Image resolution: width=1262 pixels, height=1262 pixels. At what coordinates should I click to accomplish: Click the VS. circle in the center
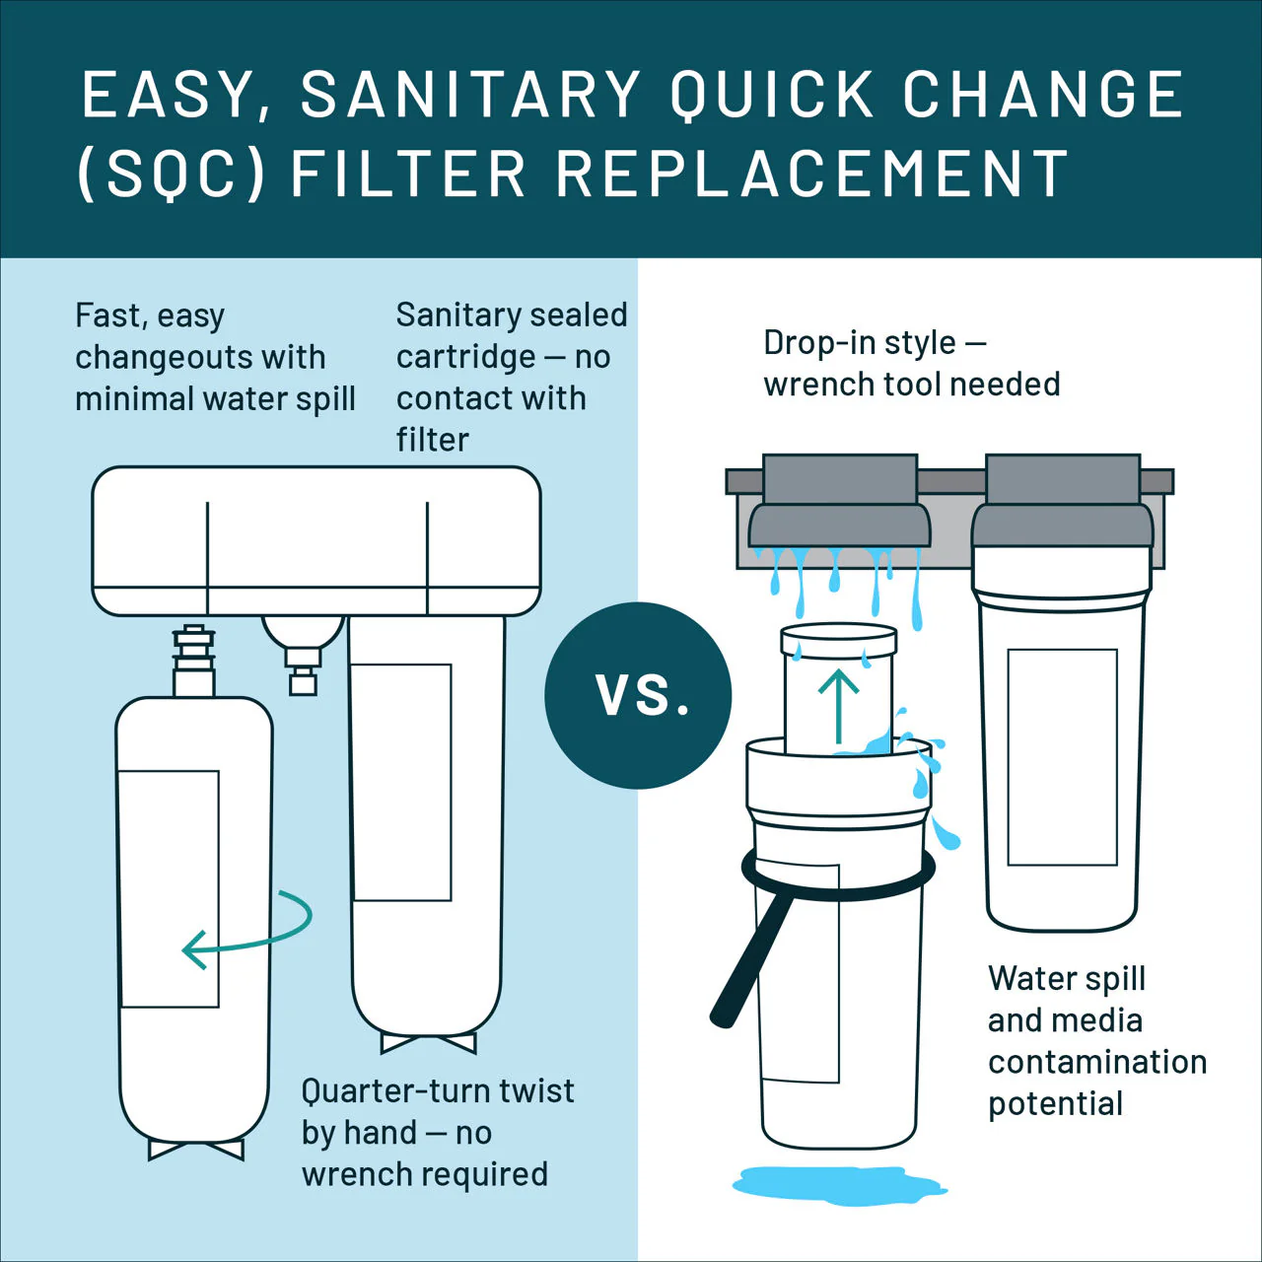(x=638, y=695)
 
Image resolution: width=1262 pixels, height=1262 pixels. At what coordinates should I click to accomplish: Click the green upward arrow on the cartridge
(x=839, y=706)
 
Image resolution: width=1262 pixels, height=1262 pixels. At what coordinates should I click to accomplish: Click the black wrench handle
(x=753, y=958)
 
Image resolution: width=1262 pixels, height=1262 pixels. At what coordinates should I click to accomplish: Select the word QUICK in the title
(x=771, y=95)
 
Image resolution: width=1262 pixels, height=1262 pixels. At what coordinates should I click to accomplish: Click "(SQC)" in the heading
(x=172, y=174)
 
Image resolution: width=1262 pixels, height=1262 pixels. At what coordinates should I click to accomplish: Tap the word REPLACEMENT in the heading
(x=812, y=173)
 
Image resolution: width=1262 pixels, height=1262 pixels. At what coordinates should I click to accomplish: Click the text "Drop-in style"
(x=859, y=343)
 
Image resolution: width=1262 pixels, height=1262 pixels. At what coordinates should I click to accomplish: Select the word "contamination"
(x=1097, y=1062)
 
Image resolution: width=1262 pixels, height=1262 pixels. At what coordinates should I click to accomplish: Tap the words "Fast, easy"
(x=149, y=315)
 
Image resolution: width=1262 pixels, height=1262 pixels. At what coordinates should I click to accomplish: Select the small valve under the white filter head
(x=304, y=654)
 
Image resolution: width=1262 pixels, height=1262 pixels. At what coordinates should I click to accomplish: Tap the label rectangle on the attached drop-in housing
(x=1062, y=757)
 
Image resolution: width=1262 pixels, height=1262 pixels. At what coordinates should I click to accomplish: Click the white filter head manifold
(x=316, y=541)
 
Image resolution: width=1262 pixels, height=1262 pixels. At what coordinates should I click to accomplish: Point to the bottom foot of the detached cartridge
(x=196, y=1150)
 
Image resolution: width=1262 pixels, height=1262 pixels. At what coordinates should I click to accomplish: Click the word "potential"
(x=1055, y=1104)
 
